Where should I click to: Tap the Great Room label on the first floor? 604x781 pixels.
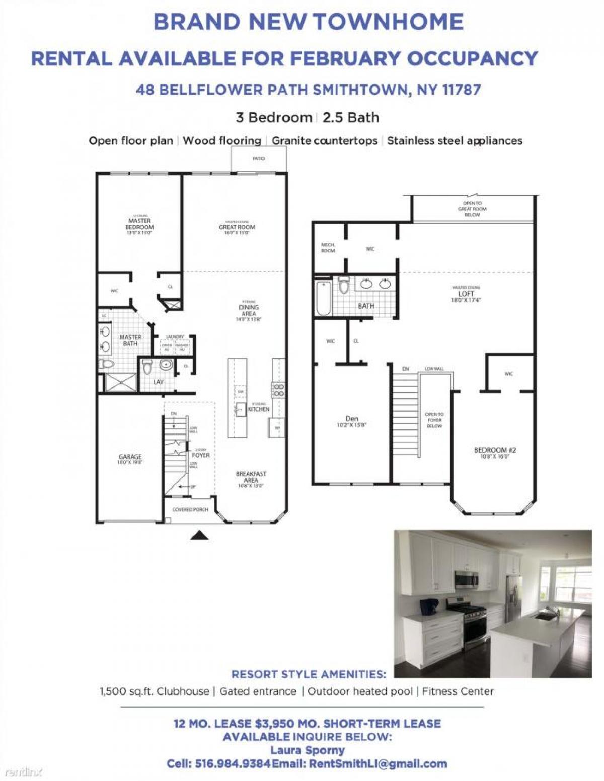tap(237, 227)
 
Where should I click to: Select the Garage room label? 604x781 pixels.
tap(130, 457)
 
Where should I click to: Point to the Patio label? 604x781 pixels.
tap(258, 159)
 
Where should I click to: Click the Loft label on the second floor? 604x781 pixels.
tap(466, 294)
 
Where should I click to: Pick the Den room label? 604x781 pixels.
tap(352, 419)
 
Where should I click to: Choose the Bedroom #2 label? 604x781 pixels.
tap(495, 450)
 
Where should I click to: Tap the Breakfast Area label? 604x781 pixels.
tap(251, 477)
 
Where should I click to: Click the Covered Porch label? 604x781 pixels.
tap(190, 509)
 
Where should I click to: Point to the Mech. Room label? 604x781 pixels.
tap(328, 247)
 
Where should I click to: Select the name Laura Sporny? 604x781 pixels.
tap(308, 750)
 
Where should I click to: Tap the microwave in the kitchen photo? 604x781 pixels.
tap(466, 579)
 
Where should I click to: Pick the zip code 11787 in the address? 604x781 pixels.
tap(462, 90)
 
